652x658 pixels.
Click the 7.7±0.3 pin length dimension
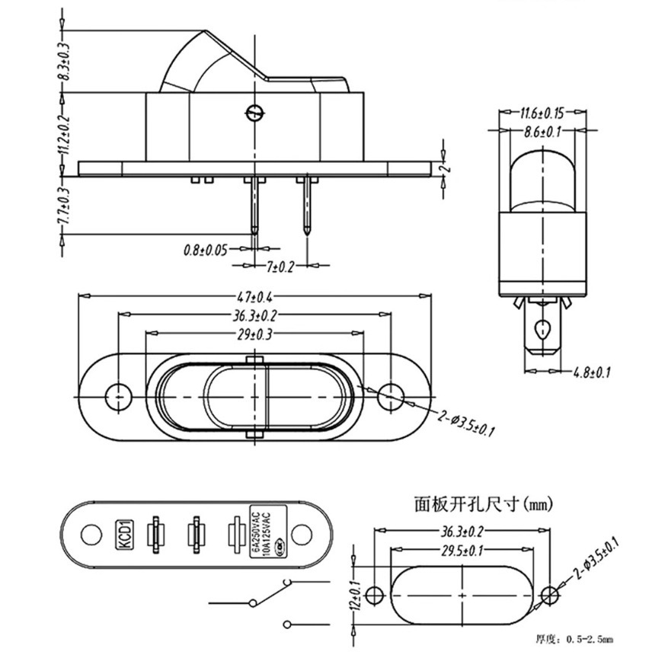pyautogui.click(x=63, y=206)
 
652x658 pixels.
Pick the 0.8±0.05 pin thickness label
pyautogui.click(x=206, y=249)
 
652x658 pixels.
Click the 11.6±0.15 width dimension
pyautogui.click(x=542, y=114)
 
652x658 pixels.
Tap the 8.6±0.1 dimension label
pyautogui.click(x=542, y=131)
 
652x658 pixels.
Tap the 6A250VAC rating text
pyautogui.click(x=255, y=528)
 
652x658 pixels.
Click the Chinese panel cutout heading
pyautogui.click(x=472, y=503)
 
